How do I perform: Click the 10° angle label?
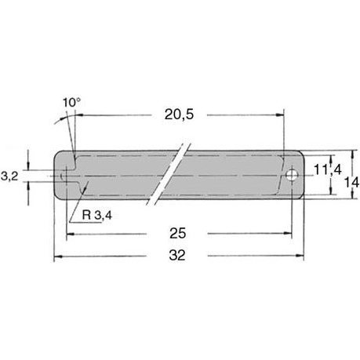click(71, 103)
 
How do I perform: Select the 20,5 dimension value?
click(179, 115)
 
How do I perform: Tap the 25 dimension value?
click(178, 233)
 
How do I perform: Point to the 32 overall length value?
click(177, 255)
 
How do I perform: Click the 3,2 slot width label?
click(9, 176)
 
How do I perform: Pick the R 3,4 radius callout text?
click(97, 216)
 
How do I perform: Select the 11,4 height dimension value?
click(328, 170)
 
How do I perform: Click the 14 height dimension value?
click(351, 182)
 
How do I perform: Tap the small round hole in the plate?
click(291, 175)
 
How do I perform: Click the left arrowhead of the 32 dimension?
click(58, 256)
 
